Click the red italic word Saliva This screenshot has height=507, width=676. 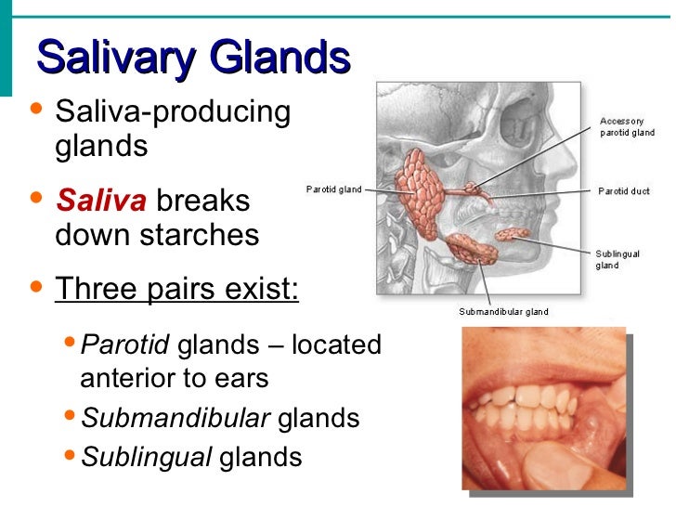point(100,201)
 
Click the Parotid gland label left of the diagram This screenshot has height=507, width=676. point(334,189)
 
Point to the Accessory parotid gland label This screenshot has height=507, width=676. point(627,127)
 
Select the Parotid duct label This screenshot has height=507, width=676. point(623,191)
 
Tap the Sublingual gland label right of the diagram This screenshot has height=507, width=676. point(614,258)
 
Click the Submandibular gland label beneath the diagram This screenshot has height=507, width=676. point(503,312)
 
